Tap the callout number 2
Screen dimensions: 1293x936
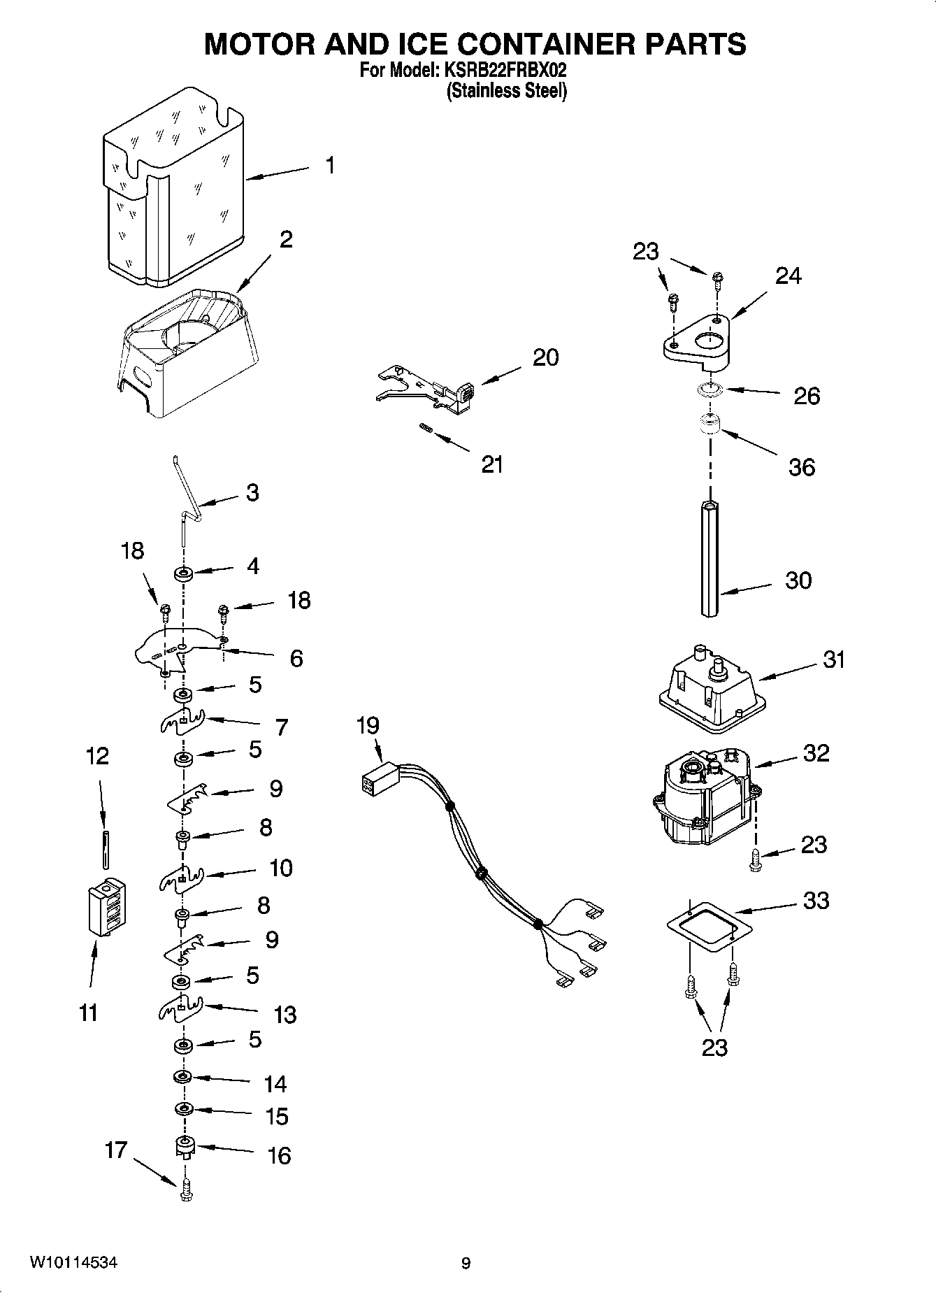tap(285, 240)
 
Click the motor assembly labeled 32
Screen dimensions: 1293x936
tap(703, 797)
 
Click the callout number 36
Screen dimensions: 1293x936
tap(801, 467)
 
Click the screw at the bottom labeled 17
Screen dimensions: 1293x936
tap(185, 1189)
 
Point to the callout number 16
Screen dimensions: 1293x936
tap(279, 1155)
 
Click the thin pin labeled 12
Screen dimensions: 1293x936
tap(104, 849)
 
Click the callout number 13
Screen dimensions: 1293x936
tap(285, 1015)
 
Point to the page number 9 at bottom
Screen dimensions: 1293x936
tap(466, 1263)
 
